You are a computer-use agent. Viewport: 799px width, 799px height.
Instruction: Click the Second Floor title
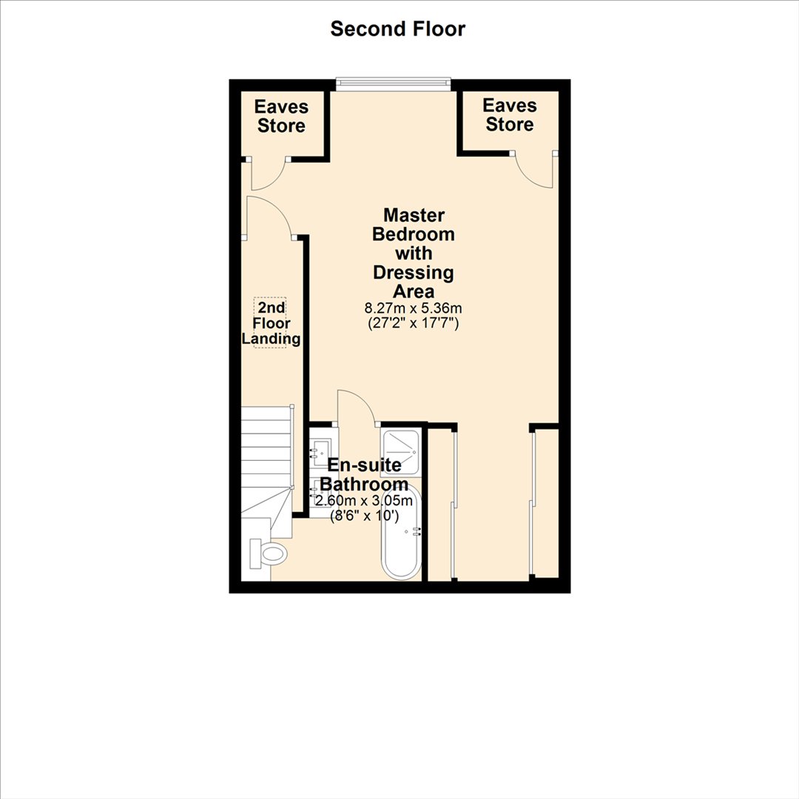point(397,29)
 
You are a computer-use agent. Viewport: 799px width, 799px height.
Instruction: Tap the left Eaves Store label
point(281,116)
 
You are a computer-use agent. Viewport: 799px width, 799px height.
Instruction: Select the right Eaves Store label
point(510,115)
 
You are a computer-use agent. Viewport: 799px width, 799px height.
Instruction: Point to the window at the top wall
point(394,84)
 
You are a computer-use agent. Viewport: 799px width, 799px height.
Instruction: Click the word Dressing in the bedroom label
point(414,272)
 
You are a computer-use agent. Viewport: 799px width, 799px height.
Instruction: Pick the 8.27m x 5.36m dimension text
point(414,309)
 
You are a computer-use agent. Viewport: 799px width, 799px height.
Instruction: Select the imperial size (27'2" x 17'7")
point(414,323)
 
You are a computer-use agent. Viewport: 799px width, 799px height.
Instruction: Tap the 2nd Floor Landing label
point(271,323)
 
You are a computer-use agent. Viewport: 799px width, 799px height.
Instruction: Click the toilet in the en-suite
point(268,553)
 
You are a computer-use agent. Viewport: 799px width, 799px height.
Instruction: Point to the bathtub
point(402,532)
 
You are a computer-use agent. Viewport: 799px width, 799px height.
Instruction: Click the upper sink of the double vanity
point(323,448)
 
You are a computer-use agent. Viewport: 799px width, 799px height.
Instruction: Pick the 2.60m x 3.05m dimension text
point(364,501)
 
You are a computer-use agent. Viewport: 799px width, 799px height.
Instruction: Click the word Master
point(414,215)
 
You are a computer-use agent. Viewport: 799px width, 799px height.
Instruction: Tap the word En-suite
point(364,465)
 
